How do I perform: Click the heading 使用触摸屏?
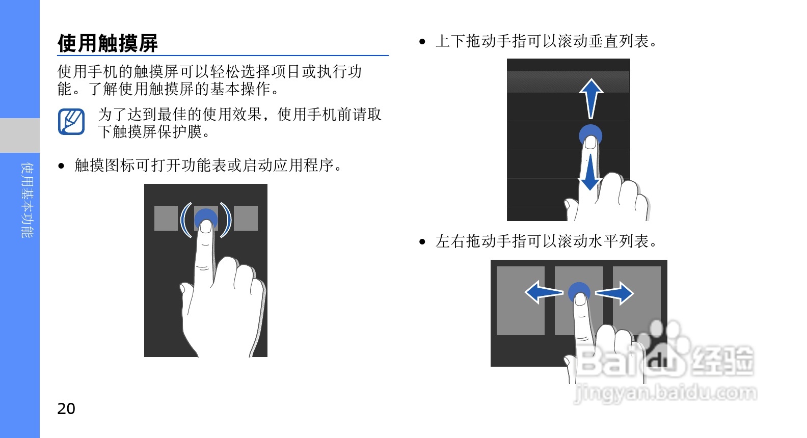[x=107, y=43]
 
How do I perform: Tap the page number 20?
[x=66, y=409]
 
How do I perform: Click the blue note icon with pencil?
[x=71, y=122]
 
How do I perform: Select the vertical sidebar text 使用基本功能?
[x=28, y=200]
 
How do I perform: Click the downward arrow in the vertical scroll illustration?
[x=590, y=173]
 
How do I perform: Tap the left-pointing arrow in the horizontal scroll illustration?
[x=544, y=292]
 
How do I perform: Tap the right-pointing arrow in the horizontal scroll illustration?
[x=614, y=293]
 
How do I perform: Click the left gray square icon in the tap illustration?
[x=166, y=218]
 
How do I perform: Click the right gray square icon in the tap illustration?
[x=246, y=218]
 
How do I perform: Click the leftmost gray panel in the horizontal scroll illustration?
[x=520, y=301]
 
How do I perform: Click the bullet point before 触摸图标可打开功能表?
[x=61, y=166]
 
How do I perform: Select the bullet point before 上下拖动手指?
[x=422, y=41]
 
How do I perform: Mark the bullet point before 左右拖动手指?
[x=422, y=242]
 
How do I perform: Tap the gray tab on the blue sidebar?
[x=20, y=135]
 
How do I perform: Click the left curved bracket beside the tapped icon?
[x=185, y=220]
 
